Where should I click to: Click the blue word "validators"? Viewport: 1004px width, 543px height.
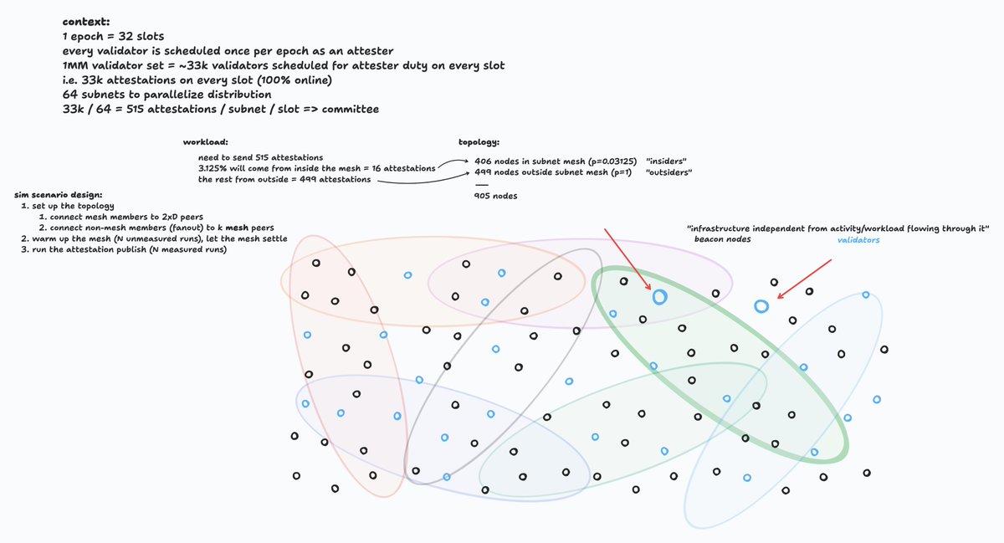point(858,240)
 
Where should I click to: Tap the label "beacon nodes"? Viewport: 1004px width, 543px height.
point(722,240)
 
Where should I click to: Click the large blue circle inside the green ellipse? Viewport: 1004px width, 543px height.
point(659,296)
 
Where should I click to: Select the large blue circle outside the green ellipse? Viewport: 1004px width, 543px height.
point(761,306)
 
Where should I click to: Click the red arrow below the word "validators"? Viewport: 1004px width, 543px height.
point(806,278)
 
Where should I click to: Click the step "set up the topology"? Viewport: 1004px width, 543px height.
point(72,205)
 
